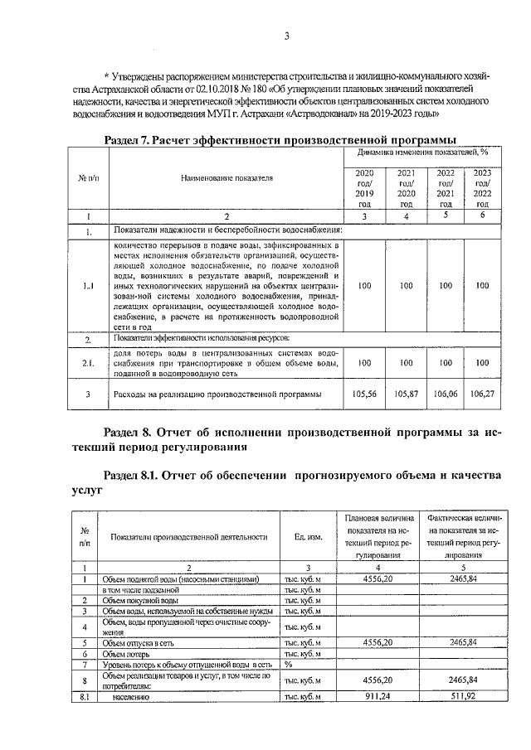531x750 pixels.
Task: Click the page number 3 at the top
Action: coord(286,36)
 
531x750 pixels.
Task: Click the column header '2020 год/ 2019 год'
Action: coord(365,187)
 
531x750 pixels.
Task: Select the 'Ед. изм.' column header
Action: coord(308,537)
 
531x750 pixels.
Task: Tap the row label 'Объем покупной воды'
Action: coord(140,600)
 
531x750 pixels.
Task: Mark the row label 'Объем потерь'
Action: coord(127,653)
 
